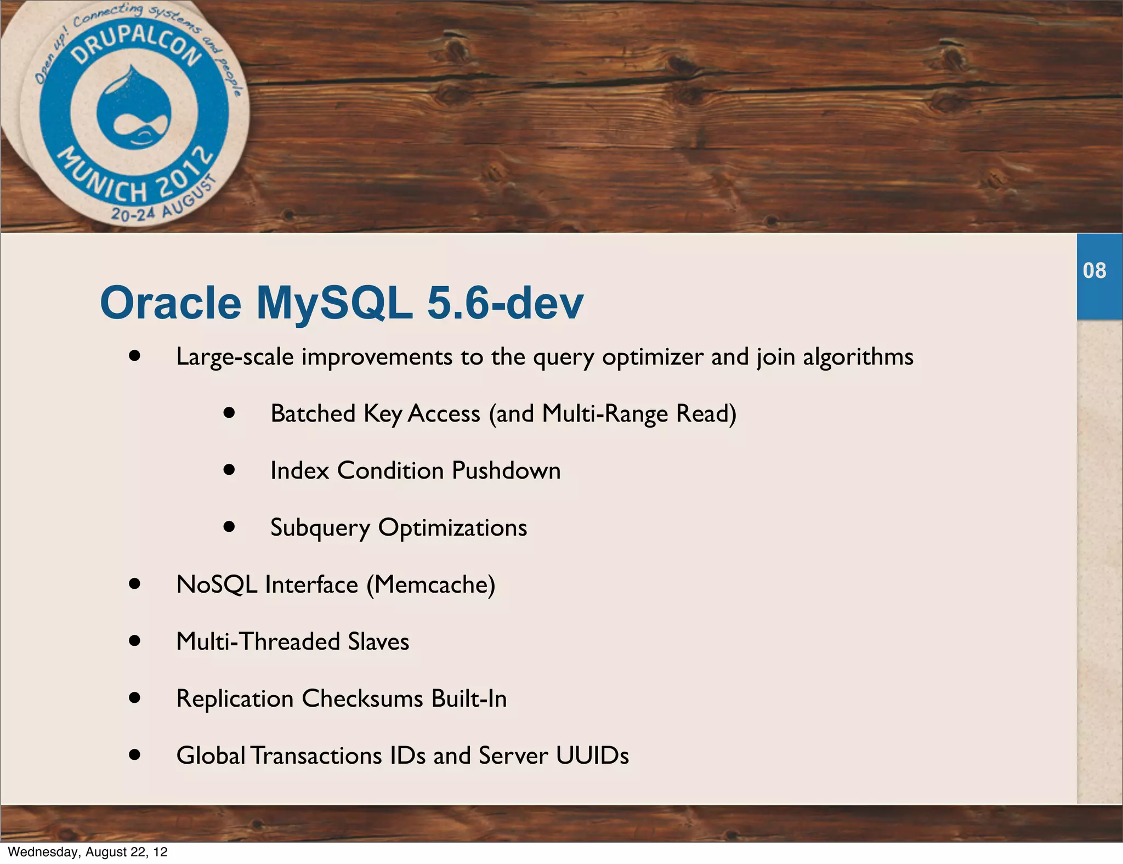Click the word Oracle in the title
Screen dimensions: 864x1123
(171, 303)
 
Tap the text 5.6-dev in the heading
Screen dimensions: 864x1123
(504, 303)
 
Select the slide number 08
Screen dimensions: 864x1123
(1094, 271)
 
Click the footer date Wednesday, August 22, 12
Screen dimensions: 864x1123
(88, 852)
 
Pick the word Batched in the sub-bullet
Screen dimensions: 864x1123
(313, 414)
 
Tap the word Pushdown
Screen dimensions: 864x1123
(506, 471)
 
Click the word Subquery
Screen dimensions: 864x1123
(320, 528)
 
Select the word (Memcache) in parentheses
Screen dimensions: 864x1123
(431, 585)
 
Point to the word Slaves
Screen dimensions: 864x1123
(378, 642)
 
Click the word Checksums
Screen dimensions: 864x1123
(362, 699)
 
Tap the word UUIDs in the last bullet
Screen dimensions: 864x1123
(592, 756)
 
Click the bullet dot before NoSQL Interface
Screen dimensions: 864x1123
(135, 584)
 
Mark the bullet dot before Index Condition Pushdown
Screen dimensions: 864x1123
(229, 470)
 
